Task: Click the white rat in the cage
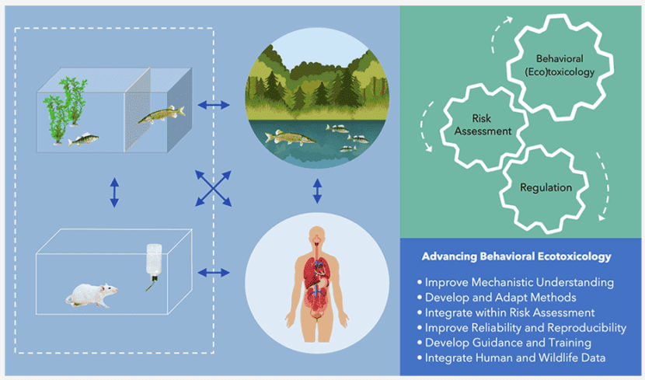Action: (x=92, y=294)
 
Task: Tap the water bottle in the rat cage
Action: (x=154, y=263)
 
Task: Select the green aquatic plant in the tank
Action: (x=65, y=102)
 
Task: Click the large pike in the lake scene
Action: (x=289, y=138)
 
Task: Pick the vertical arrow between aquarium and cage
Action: (x=114, y=191)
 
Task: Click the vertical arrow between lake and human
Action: (x=316, y=190)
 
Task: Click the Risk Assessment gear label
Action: (x=481, y=125)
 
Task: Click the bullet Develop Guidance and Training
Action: (x=508, y=343)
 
